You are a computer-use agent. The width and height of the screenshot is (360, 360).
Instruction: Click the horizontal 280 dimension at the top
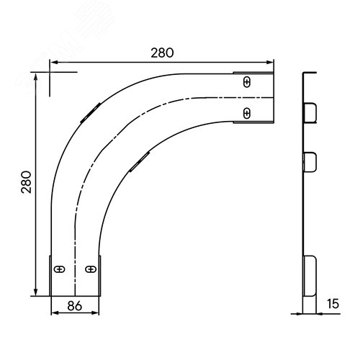pyautogui.click(x=162, y=53)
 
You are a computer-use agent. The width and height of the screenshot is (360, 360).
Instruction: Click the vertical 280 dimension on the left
pyautogui.click(x=26, y=182)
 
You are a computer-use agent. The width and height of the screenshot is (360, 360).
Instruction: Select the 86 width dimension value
pyautogui.click(x=74, y=306)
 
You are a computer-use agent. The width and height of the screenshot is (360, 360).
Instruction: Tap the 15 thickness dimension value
pyautogui.click(x=333, y=304)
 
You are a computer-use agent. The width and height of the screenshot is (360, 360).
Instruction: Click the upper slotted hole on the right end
pyautogui.click(x=247, y=82)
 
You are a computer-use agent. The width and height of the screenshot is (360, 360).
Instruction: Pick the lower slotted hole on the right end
pyautogui.click(x=247, y=113)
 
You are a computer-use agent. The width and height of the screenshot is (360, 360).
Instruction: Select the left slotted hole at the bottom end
pyautogui.click(x=59, y=269)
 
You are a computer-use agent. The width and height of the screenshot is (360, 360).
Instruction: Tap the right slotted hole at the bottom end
pyautogui.click(x=91, y=269)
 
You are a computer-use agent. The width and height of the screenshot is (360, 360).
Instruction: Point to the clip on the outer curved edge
pyautogui.click(x=91, y=113)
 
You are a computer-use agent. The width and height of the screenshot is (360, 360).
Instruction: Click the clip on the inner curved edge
pyautogui.click(x=140, y=162)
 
